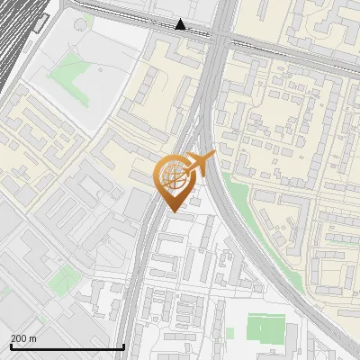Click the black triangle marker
(x=181, y=24)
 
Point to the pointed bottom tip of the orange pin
(x=173, y=211)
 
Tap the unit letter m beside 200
(x=33, y=338)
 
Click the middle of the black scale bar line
(x=67, y=346)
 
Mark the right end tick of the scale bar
(x=123, y=346)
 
